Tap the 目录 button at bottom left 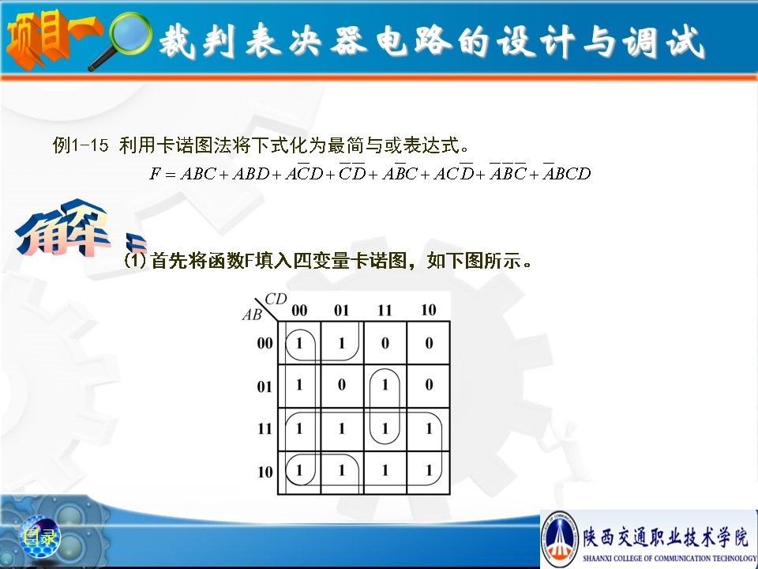pos(40,537)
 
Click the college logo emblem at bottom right pos(559,538)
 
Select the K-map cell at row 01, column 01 pos(342,386)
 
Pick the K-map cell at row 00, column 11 pos(385,342)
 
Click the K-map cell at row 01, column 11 pos(385,386)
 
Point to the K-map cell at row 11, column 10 pos(428,429)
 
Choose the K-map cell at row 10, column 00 pos(299,473)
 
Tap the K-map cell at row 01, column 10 pos(428,386)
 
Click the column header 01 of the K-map pos(341,310)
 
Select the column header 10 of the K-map pos(428,310)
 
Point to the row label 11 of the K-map pos(265,428)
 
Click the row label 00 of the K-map pos(265,343)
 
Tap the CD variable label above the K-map pos(276,299)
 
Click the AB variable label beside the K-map pos(252,315)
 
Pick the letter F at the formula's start pos(155,173)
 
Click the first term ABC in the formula pos(198,173)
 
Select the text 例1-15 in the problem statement pos(81,145)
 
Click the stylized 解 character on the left pos(63,228)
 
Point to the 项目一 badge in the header pos(52,40)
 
